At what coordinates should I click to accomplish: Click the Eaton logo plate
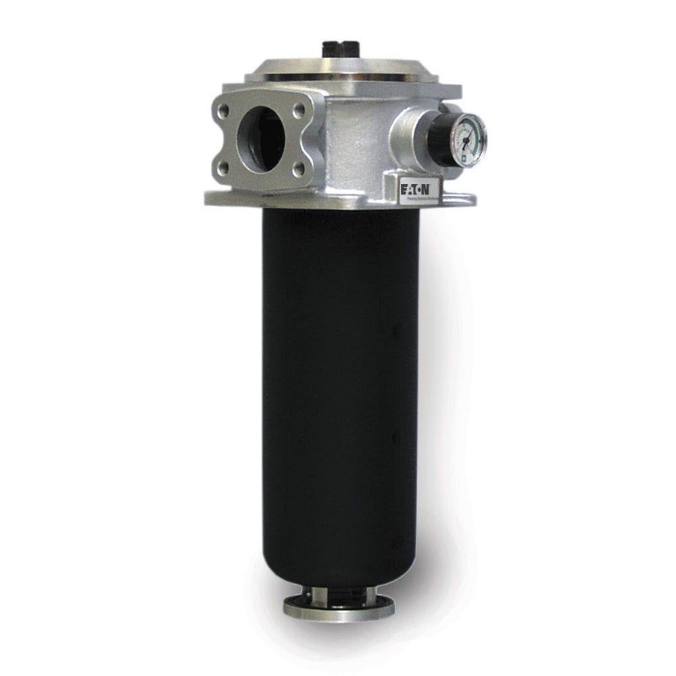click(420, 191)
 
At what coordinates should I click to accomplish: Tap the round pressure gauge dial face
click(469, 139)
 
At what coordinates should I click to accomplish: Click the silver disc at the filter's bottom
click(339, 608)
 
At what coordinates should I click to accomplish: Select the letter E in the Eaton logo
click(404, 187)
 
